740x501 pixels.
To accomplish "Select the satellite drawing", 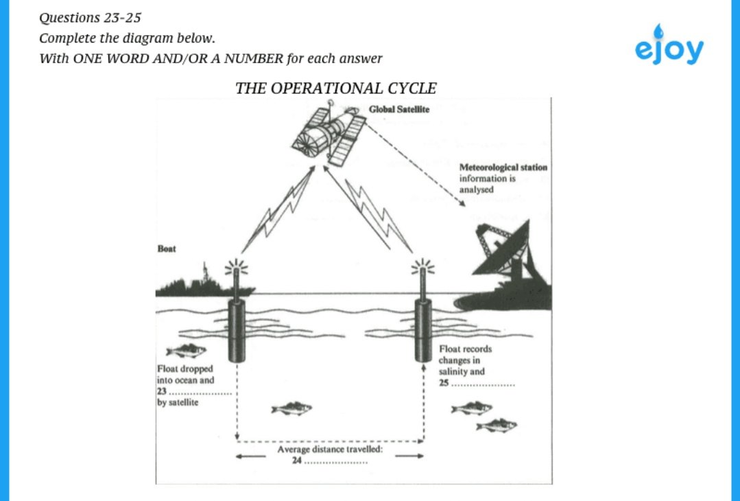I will coord(328,133).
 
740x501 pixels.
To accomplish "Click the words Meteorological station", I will coord(503,167).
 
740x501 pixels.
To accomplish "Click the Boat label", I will coord(167,248).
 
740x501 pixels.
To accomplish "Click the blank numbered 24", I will coord(335,462).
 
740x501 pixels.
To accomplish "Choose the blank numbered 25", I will coord(483,384).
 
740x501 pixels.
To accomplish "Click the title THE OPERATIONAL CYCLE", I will coord(335,89).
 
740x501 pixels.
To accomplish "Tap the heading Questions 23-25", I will coord(90,17).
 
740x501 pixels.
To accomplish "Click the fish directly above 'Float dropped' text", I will coord(186,351).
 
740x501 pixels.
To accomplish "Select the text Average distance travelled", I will coord(329,450).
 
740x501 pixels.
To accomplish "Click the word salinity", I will coord(454,371).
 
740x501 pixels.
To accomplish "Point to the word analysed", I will coord(476,189).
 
